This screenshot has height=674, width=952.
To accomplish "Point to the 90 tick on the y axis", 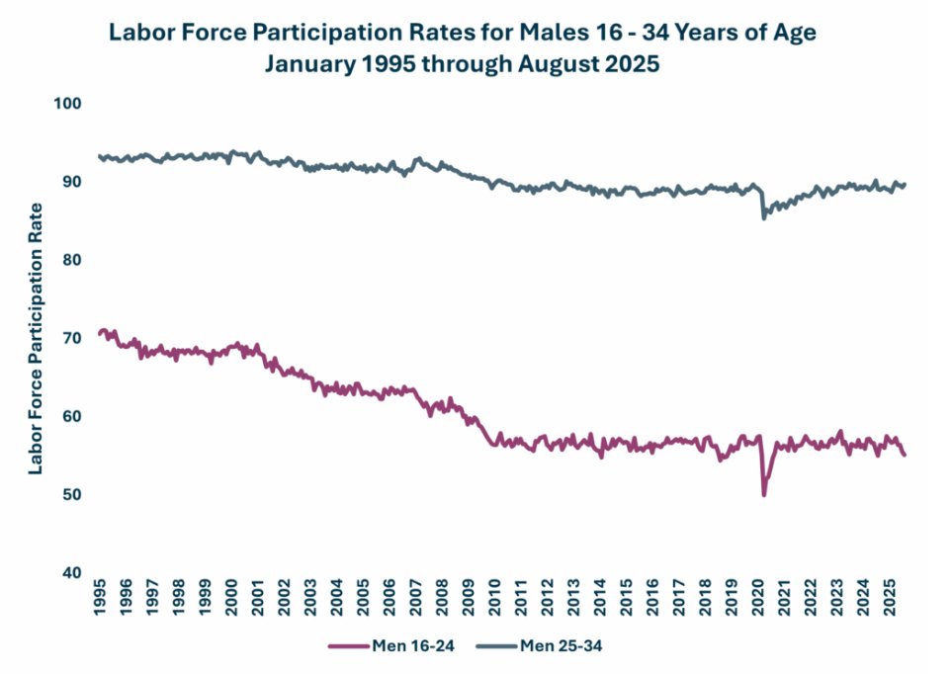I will coord(73,182).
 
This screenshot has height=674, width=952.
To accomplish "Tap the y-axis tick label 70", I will coord(73,338).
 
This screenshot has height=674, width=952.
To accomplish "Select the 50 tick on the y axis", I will coord(73,494).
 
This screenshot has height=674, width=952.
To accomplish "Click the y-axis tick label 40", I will coord(73,572).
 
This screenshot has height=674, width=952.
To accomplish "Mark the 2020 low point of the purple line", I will coord(763,494).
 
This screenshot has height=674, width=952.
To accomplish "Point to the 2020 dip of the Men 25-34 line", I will coord(763,217).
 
